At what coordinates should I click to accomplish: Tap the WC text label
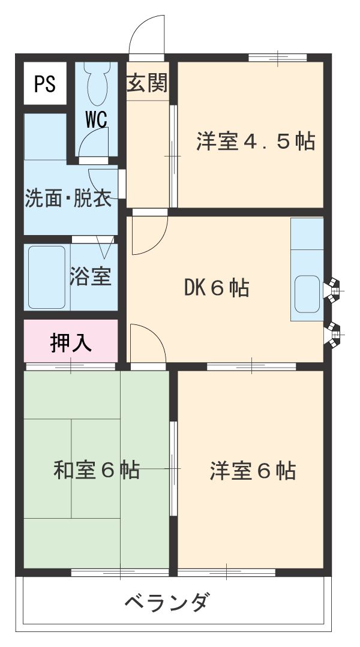pyautogui.click(x=96, y=119)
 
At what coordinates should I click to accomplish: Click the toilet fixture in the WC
pyautogui.click(x=96, y=84)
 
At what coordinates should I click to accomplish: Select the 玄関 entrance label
pyautogui.click(x=146, y=84)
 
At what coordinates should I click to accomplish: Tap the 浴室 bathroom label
pyautogui.click(x=91, y=276)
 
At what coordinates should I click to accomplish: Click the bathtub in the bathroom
pyautogui.click(x=46, y=276)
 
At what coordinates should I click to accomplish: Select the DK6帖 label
pyautogui.click(x=216, y=288)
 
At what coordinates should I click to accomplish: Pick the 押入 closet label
pyautogui.click(x=70, y=342)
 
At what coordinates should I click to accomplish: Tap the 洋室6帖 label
pyautogui.click(x=253, y=471)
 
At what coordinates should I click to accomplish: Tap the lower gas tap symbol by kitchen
pyautogui.click(x=331, y=335)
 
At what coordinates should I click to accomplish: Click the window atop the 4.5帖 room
pyautogui.click(x=278, y=58)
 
